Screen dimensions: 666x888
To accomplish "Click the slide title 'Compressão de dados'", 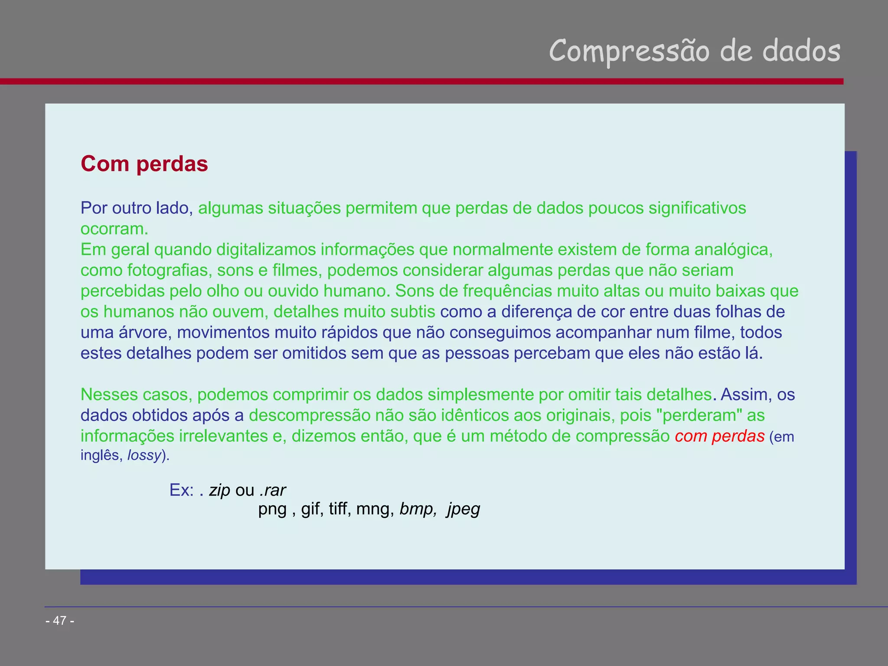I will tap(694, 51).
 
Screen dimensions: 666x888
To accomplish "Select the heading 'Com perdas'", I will tap(144, 164).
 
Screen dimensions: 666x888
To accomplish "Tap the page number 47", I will tap(60, 620).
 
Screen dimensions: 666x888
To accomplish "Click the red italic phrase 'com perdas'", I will tap(719, 436).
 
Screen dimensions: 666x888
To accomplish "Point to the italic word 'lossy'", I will tap(144, 455).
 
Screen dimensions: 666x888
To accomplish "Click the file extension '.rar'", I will tap(273, 490).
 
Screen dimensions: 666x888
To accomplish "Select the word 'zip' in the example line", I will tap(219, 490).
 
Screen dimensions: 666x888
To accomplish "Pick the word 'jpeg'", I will tap(464, 509).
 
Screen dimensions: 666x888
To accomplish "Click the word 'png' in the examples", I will tap(272, 509).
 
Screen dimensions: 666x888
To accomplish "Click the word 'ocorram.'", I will tap(114, 229).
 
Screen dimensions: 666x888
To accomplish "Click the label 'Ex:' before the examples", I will tap(182, 490).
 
